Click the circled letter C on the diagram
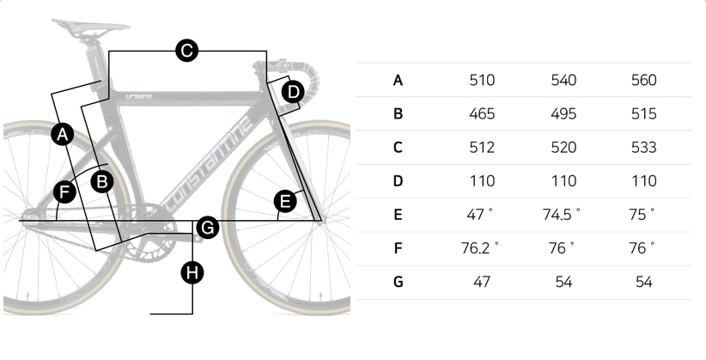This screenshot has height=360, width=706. tap(187, 51)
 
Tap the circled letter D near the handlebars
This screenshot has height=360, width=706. tap(293, 92)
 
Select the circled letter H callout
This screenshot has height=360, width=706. tap(192, 272)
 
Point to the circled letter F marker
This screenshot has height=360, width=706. tap(64, 192)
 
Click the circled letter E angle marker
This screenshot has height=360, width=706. tap(285, 201)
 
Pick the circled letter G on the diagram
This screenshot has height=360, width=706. tap(208, 228)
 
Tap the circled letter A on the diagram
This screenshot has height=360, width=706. tap(63, 134)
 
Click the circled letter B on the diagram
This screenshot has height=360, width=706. tap(102, 182)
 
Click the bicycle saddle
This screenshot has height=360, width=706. tap(91, 27)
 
